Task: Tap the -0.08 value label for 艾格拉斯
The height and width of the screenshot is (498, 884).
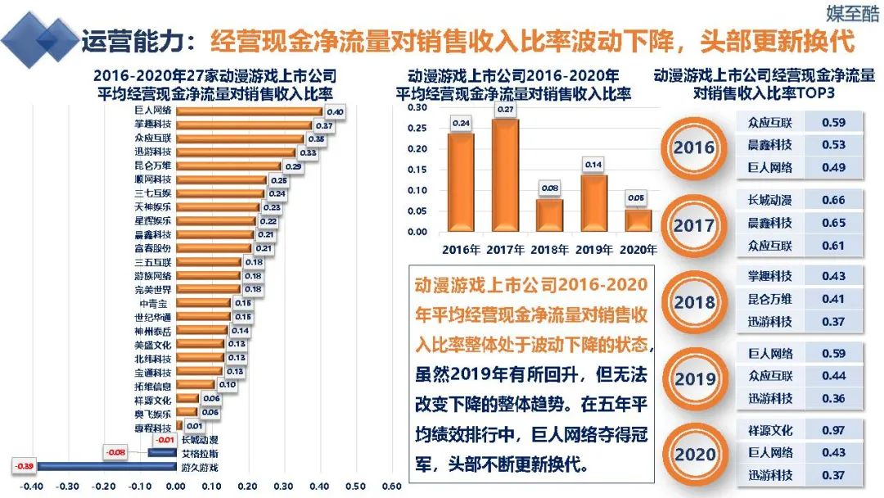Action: click(x=116, y=452)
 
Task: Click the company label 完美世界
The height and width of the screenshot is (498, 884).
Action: click(x=153, y=289)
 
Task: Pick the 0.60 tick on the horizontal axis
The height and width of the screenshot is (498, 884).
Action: click(x=391, y=486)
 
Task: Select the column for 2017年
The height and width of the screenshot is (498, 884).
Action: click(x=505, y=175)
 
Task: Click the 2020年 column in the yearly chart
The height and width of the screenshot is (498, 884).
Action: click(x=638, y=220)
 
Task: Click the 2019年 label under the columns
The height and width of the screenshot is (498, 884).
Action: click(x=594, y=249)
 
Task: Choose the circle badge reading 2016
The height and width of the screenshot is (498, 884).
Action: click(x=694, y=148)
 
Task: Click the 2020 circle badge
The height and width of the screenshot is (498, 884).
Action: click(x=694, y=454)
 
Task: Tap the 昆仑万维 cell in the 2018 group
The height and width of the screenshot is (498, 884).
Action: click(x=770, y=299)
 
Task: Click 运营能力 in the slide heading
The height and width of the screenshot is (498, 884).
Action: click(x=133, y=41)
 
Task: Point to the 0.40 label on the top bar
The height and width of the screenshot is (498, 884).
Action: click(x=334, y=111)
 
